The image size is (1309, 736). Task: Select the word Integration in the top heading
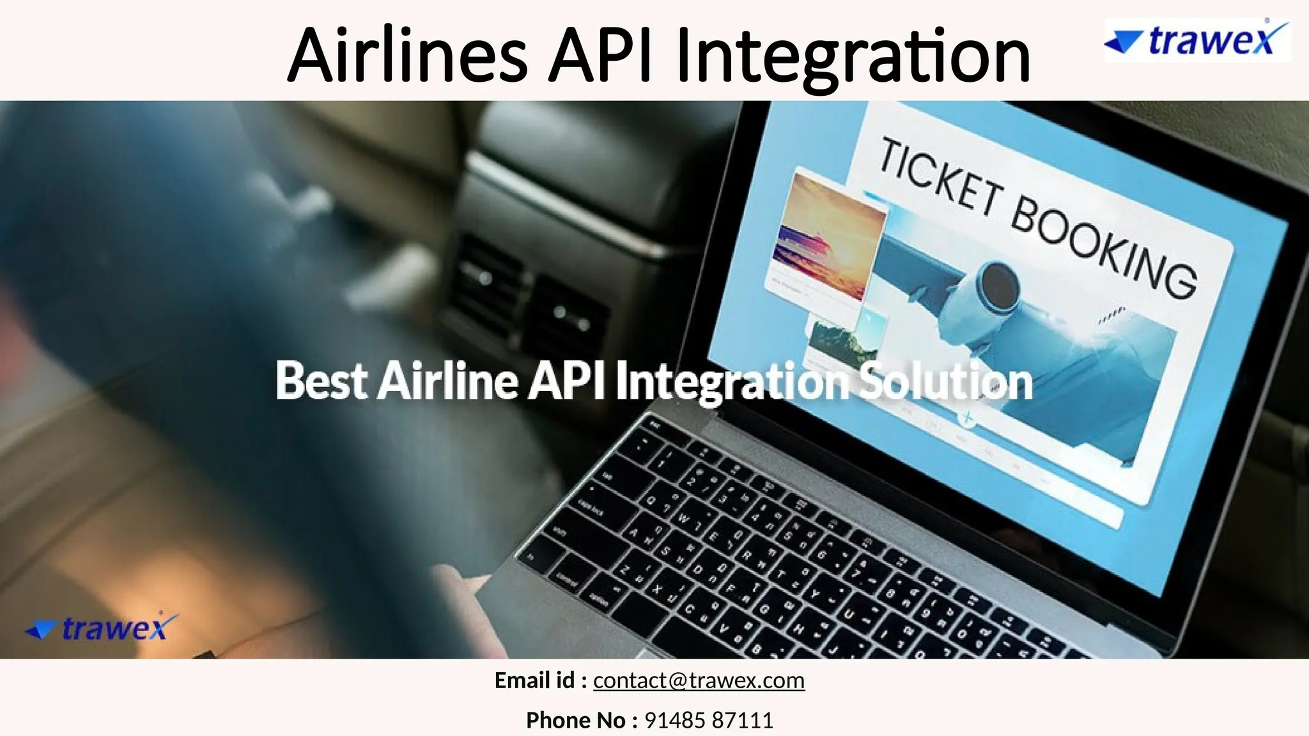tap(853, 57)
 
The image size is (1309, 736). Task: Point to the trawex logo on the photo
tap(102, 628)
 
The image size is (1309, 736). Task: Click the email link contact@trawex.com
tap(699, 680)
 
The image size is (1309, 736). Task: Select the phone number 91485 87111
tap(709, 720)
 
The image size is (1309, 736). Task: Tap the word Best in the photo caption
tap(321, 381)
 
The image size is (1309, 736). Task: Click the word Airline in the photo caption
tap(447, 381)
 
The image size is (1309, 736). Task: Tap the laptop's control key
tap(566, 579)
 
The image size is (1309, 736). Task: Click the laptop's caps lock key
tap(591, 509)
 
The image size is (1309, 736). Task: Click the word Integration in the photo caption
tap(732, 382)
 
